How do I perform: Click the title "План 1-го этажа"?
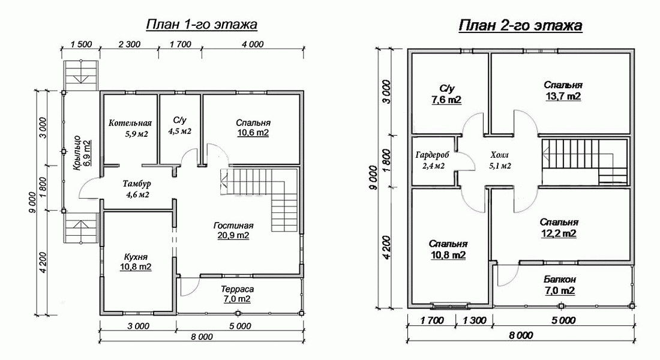(x=202, y=25)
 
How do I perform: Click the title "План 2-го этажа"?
(x=520, y=25)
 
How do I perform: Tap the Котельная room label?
(x=130, y=124)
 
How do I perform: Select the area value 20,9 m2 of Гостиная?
(x=233, y=235)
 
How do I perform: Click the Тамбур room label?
(x=137, y=184)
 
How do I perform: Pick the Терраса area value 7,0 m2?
(x=238, y=299)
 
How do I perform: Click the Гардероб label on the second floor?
(x=432, y=155)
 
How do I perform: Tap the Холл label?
(x=500, y=155)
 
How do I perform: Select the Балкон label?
(x=559, y=279)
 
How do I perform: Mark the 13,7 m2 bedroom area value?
(x=563, y=97)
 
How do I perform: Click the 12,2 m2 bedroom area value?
(x=559, y=233)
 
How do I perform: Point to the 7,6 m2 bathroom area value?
(x=446, y=100)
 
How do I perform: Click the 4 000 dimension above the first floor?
(x=253, y=44)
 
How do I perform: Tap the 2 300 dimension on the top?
(x=129, y=44)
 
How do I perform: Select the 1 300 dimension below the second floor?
(x=475, y=320)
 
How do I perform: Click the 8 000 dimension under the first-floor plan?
(x=202, y=337)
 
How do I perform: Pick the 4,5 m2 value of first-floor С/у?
(x=180, y=131)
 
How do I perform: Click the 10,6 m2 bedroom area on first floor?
(x=253, y=133)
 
